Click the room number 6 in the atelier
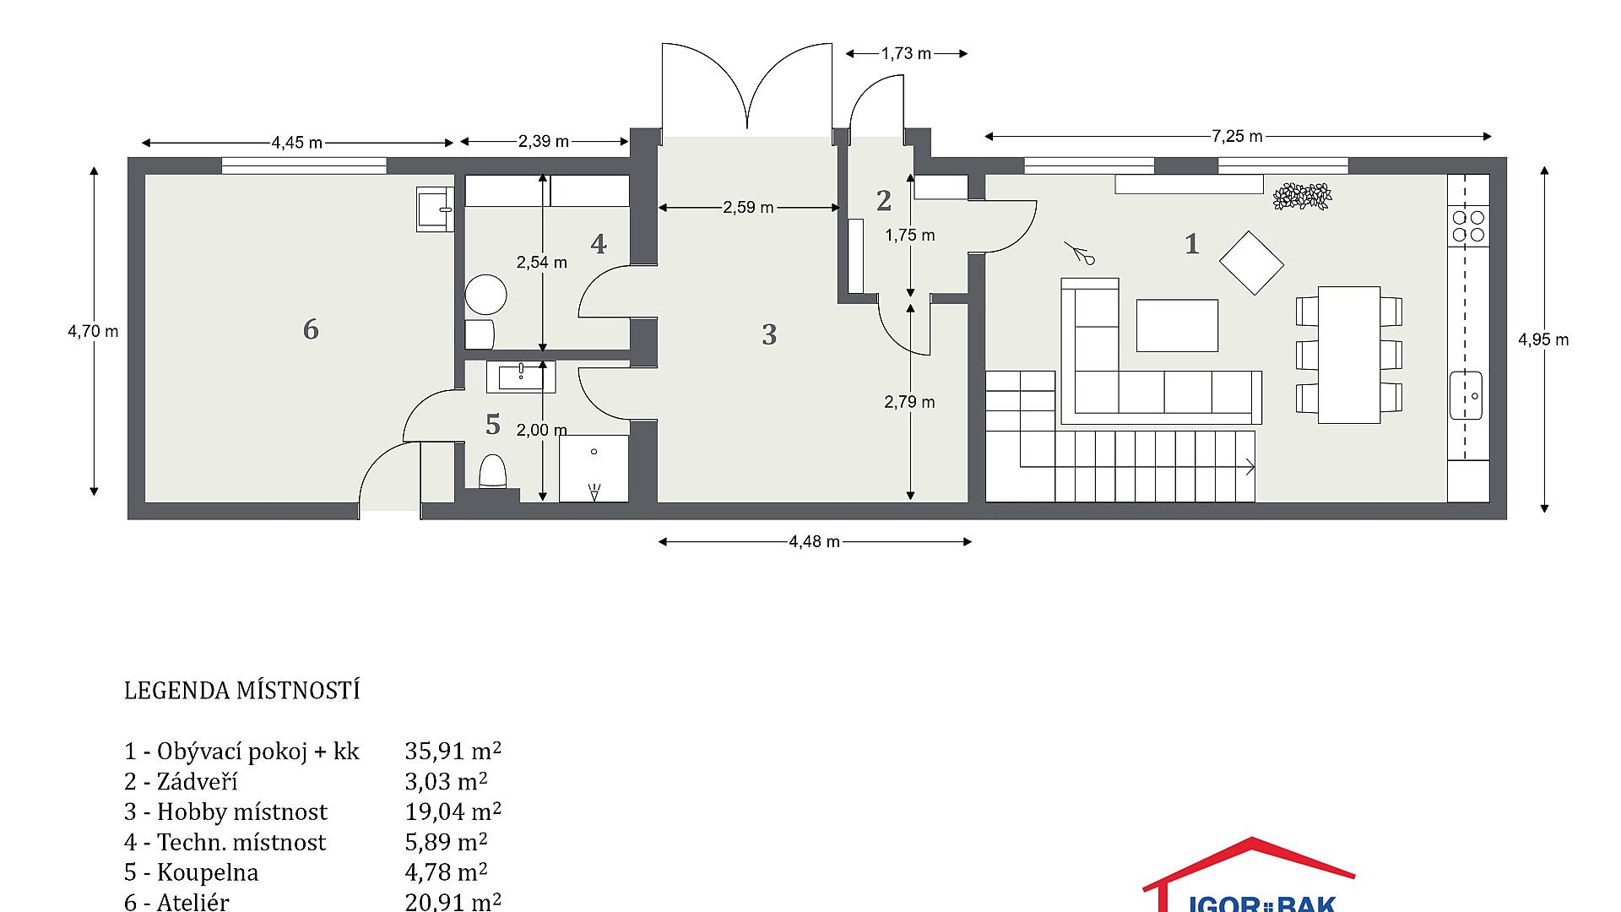[311, 329]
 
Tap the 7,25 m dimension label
[1238, 137]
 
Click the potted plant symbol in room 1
[1302, 196]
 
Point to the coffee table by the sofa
[1177, 325]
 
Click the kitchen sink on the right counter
[1466, 395]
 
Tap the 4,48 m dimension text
[815, 542]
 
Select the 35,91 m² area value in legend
[453, 751]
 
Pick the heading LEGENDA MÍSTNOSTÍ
[242, 691]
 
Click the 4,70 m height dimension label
[93, 332]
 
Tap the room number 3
[769, 335]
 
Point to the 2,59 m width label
[748, 208]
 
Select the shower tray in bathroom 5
[594, 469]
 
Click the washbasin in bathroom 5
[521, 377]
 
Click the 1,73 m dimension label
[906, 54]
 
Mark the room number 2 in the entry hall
[884, 201]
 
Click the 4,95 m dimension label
[1543, 340]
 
